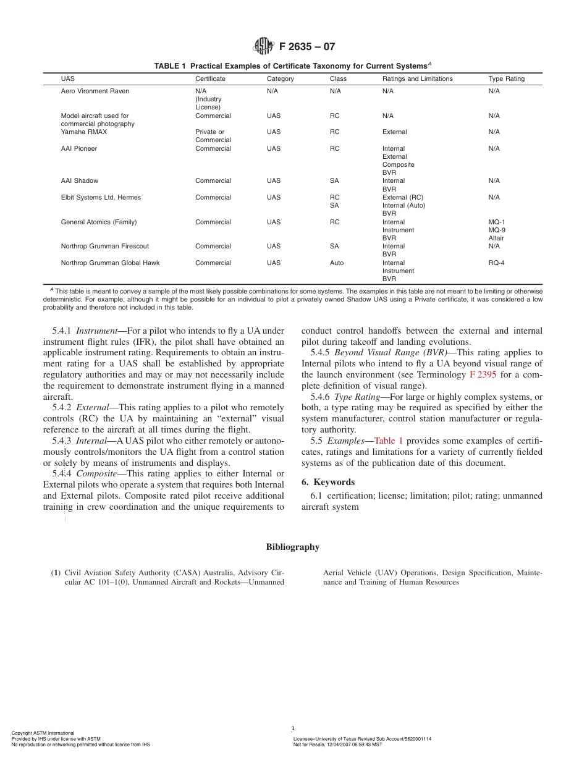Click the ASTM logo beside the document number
[x=263, y=46]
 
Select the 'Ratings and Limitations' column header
[x=417, y=79]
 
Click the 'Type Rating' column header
[x=506, y=79]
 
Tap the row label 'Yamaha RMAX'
[x=82, y=132]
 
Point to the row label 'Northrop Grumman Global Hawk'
[x=110, y=263]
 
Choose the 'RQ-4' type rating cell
[x=497, y=263]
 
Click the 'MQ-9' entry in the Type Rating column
[x=497, y=230]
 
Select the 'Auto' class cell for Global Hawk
[x=337, y=263]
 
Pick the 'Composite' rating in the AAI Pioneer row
[x=398, y=165]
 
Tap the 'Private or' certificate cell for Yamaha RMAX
[x=209, y=132]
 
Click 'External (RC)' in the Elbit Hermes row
[x=403, y=198]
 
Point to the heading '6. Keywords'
[x=328, y=482]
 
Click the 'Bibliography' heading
[x=293, y=547]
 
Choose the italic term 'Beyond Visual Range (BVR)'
[x=391, y=353]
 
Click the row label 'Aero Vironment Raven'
[x=95, y=91]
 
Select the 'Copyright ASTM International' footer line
[x=43, y=733]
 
